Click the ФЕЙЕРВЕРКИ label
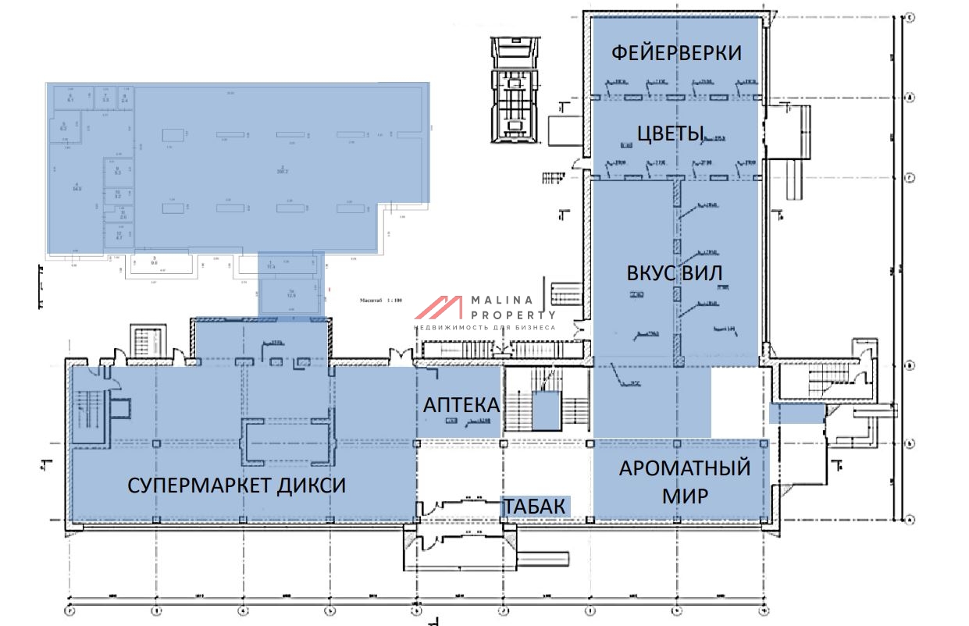tap(675, 53)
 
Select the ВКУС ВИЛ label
tap(674, 273)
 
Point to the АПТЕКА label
tap(461, 405)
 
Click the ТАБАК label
tap(534, 507)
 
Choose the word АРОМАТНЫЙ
tap(685, 468)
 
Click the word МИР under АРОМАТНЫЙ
tap(684, 496)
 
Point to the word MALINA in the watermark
tap(501, 300)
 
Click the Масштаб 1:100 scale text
tap(382, 300)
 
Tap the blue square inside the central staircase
tap(547, 411)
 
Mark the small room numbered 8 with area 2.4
tap(124, 98)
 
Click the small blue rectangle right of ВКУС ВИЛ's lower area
tap(796, 414)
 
